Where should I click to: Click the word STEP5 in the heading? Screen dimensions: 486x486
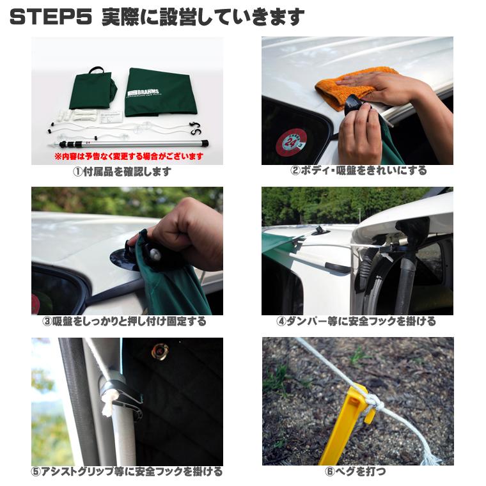click(x=51, y=17)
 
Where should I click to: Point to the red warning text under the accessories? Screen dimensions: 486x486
click(x=129, y=156)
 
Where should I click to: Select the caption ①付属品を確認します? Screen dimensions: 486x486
click(x=123, y=172)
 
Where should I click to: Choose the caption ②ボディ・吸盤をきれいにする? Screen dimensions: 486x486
click(x=358, y=171)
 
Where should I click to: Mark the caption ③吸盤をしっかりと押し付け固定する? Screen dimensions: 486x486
click(x=125, y=322)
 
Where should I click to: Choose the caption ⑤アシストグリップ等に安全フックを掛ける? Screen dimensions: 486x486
click(x=127, y=472)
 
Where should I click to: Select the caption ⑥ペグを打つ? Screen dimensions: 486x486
click(x=356, y=472)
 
